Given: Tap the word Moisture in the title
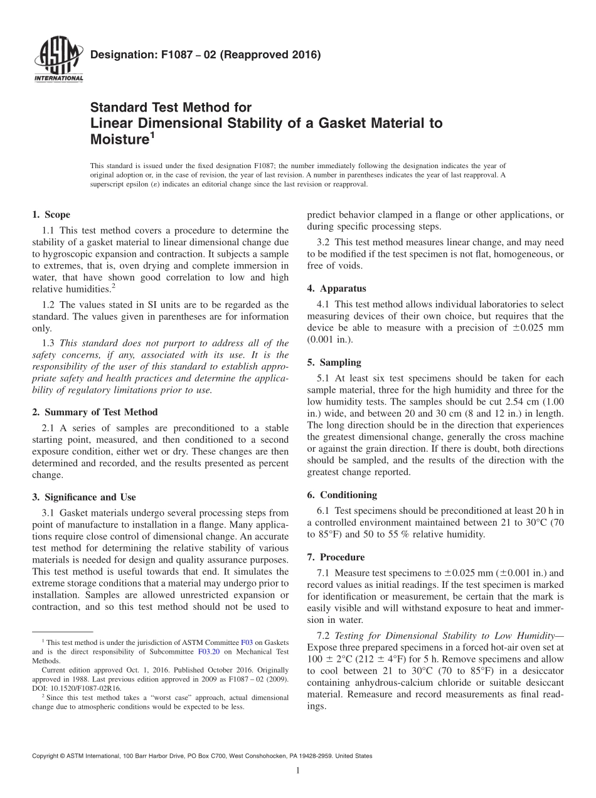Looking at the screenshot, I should [x=119, y=140].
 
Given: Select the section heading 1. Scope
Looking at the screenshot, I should [x=51, y=215].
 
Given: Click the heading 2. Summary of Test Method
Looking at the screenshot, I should [x=95, y=412].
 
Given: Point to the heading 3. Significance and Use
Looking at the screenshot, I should [x=83, y=497].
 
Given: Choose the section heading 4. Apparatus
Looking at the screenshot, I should [x=336, y=289].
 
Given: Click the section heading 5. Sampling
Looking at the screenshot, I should [x=334, y=363].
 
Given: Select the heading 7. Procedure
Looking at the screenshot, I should [x=336, y=557].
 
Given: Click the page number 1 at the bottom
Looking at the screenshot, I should [x=298, y=771].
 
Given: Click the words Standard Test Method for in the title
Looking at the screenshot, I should [x=171, y=108].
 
